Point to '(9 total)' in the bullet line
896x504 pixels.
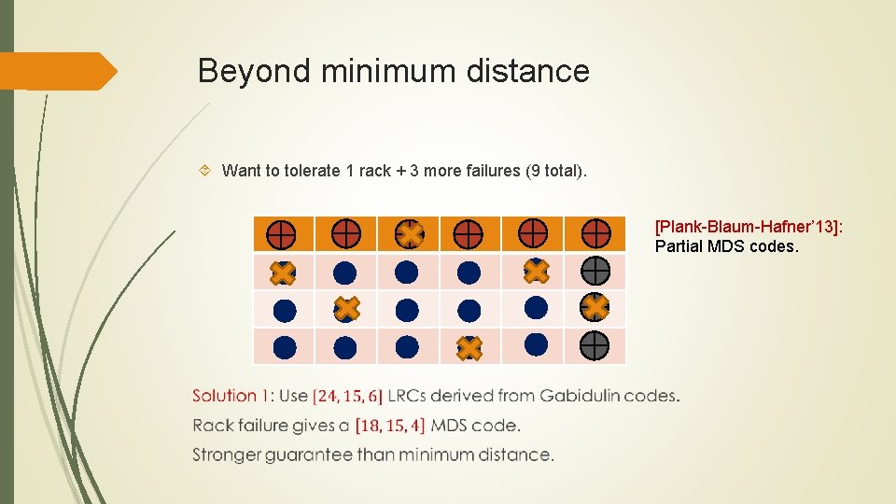pos(557,171)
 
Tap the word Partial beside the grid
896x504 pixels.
pos(679,246)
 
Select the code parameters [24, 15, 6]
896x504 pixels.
pos(347,396)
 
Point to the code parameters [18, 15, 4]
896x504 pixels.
pos(390,426)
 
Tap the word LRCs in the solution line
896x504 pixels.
pos(408,396)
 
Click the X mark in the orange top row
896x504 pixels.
pos(408,233)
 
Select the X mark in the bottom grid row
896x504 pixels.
pos(469,348)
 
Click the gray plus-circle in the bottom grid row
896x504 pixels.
pos(595,346)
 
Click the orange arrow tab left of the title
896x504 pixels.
pos(58,71)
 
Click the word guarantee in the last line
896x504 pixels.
pos(337,455)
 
